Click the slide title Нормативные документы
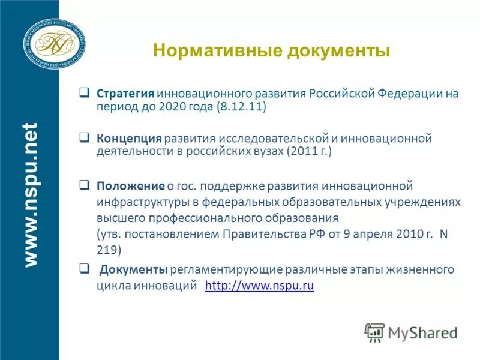pos(272,50)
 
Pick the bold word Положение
pos(130,185)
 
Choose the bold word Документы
pos(134,268)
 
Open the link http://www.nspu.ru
pos(259,286)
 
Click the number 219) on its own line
pos(108,248)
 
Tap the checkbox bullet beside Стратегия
pos(85,93)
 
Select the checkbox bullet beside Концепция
pos(85,137)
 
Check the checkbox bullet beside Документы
pos(85,267)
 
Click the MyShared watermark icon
pos(374,331)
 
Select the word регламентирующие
pos(218,268)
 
